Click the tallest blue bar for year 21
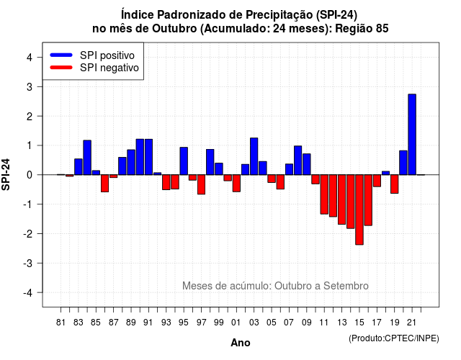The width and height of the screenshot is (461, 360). click(x=412, y=135)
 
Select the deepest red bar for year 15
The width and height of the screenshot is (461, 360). click(x=359, y=210)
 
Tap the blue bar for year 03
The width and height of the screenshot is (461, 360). click(x=254, y=156)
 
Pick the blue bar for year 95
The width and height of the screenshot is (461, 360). click(x=184, y=161)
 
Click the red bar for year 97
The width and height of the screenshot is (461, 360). click(x=202, y=184)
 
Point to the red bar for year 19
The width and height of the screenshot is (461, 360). click(x=395, y=184)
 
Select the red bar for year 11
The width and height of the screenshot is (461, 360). click(x=324, y=194)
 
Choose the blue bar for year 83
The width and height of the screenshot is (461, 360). click(x=79, y=167)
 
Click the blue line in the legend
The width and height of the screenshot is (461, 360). click(x=61, y=55)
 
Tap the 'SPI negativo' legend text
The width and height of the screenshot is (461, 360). click(x=109, y=68)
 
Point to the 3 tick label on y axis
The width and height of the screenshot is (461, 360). click(x=30, y=87)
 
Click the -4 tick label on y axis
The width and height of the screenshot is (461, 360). click(x=29, y=293)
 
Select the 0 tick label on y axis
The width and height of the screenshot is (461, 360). click(x=30, y=175)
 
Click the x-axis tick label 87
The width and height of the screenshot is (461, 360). click(x=114, y=323)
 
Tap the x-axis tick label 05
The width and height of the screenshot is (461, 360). click(x=272, y=323)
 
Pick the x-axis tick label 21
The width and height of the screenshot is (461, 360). click(x=412, y=323)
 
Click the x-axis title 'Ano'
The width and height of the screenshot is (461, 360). click(x=241, y=343)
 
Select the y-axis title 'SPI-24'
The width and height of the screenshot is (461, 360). click(x=6, y=175)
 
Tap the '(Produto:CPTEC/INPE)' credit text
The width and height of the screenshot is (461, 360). click(x=394, y=338)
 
